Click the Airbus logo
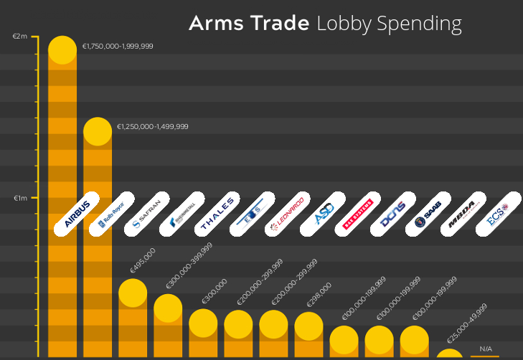pyautogui.click(x=77, y=214)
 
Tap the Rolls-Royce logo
pyautogui.click(x=112, y=214)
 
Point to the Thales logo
pyautogui.click(x=217, y=214)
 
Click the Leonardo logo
pyautogui.click(x=288, y=214)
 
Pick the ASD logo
pyautogui.click(x=323, y=214)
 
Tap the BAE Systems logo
pyautogui.click(x=358, y=214)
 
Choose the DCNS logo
pyautogui.click(x=393, y=214)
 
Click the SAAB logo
pyautogui.click(x=428, y=214)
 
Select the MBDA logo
pyautogui.click(x=463, y=214)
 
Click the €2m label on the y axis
pyautogui.click(x=20, y=37)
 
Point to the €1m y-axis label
pyautogui.click(x=20, y=198)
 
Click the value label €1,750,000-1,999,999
pyautogui.click(x=118, y=46)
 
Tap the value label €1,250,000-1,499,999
pyautogui.click(x=153, y=126)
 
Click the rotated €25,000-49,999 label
pyautogui.click(x=467, y=323)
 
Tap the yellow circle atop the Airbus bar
pyautogui.click(x=62, y=50)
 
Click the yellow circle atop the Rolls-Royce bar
pyautogui.click(x=98, y=131)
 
